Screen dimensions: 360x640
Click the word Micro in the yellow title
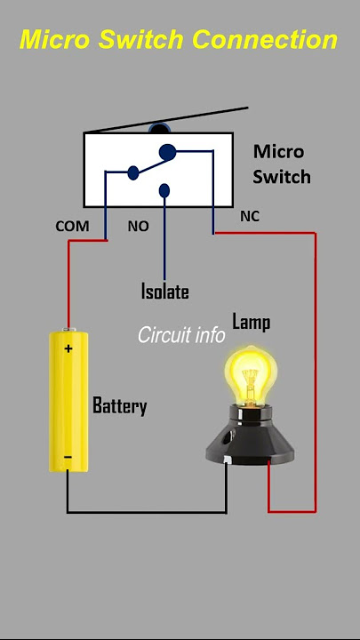[x=55, y=40]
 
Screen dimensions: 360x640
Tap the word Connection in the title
[x=265, y=40]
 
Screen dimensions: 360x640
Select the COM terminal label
[x=72, y=226]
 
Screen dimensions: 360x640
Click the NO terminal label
[x=139, y=226]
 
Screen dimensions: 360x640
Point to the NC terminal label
[x=250, y=216]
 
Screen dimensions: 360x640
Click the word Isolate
[x=165, y=291]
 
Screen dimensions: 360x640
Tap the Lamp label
[x=251, y=323]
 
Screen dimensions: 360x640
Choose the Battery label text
[x=120, y=405]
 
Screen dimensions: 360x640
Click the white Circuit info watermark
[x=181, y=335]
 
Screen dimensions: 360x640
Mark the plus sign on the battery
[x=68, y=348]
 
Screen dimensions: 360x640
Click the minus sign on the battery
[x=68, y=457]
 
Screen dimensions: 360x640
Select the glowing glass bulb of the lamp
[x=251, y=373]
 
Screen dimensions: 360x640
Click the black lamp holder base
[x=250, y=440]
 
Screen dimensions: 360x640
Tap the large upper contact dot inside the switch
[x=168, y=152]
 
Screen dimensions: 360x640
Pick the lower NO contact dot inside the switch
[x=164, y=190]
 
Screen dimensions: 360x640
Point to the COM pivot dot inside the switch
[x=133, y=172]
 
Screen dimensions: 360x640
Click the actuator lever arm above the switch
[x=167, y=120]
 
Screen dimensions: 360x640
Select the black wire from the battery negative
[x=147, y=512]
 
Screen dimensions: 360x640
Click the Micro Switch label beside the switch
[x=282, y=164]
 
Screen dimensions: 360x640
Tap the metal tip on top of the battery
[x=68, y=330]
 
